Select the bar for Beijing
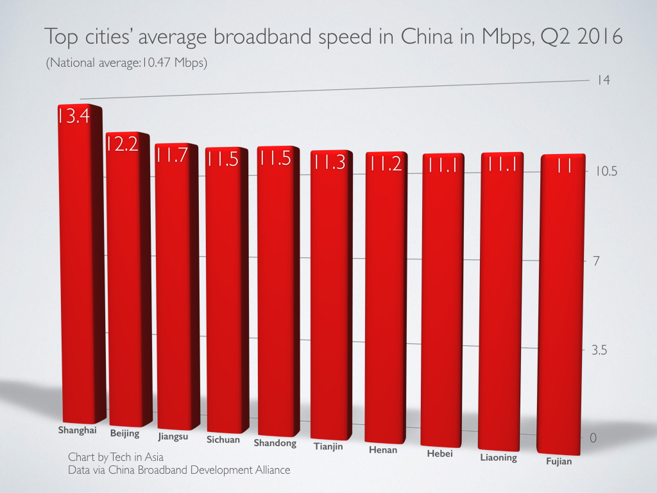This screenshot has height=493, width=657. pos(127,282)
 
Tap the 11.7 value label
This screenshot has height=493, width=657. pos(171,155)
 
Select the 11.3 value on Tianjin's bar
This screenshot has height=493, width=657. pos(329,162)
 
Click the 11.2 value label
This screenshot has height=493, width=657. pos(384,164)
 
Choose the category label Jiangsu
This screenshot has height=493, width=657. pos(173,437)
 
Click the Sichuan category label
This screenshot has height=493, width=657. pos(223,440)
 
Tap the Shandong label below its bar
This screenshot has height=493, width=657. pos(275,443)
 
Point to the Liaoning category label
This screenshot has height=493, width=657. pos(498,458)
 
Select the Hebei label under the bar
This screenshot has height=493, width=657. pos(439,454)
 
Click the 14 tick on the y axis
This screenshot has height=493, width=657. pos(602,80)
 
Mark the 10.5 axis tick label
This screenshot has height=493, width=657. pos(604,171)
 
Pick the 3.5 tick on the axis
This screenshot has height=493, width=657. pos(602,350)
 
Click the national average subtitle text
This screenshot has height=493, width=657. pos(126,64)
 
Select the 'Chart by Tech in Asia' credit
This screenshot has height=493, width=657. pos(115,457)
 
